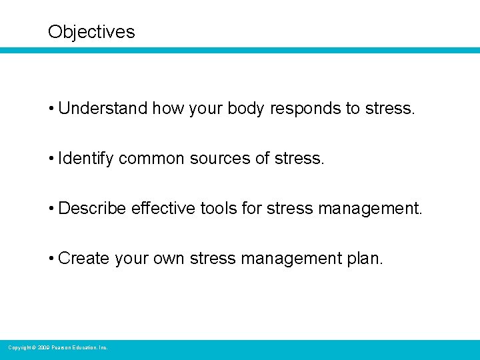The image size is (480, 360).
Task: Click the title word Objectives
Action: (x=91, y=32)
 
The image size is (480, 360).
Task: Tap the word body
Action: (x=246, y=109)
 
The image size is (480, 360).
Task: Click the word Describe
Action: (x=93, y=209)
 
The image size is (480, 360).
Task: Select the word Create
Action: (x=84, y=259)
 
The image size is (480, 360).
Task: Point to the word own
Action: (x=170, y=259)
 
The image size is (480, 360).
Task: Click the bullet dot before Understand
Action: (x=51, y=109)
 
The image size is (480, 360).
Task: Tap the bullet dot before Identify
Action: (x=51, y=159)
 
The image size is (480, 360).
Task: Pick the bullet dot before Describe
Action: (x=51, y=209)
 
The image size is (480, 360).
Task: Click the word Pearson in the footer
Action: (x=62, y=347)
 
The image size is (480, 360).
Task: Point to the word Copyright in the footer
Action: (x=19, y=347)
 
